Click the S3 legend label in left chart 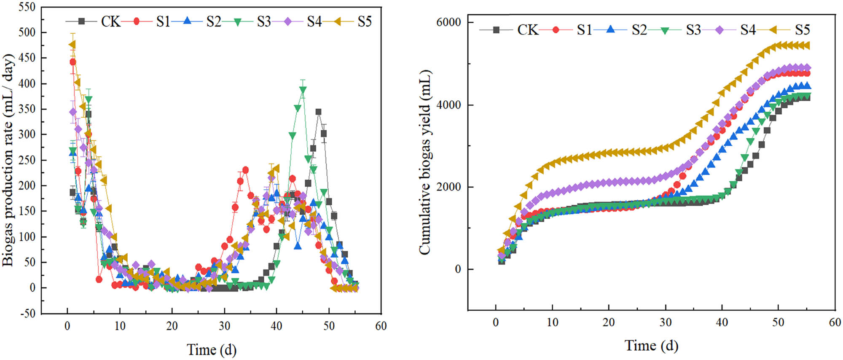click(264, 21)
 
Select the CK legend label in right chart click(528, 30)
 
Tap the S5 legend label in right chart click(803, 30)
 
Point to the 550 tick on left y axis click(27, 7)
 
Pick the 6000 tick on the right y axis click(448, 22)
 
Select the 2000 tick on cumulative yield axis click(448, 187)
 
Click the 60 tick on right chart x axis click(835, 322)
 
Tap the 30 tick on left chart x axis click(224, 326)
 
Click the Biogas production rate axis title click(8, 160)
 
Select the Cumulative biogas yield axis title click(425, 162)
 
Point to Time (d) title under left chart click(212, 349)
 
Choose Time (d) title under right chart click(651, 346)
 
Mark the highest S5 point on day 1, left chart click(72, 44)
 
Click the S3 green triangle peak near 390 click(303, 90)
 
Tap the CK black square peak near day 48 click(318, 112)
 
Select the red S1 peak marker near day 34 click(245, 170)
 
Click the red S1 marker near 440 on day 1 click(72, 62)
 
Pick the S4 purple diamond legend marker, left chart click(288, 21)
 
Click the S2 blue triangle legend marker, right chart click(610, 30)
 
